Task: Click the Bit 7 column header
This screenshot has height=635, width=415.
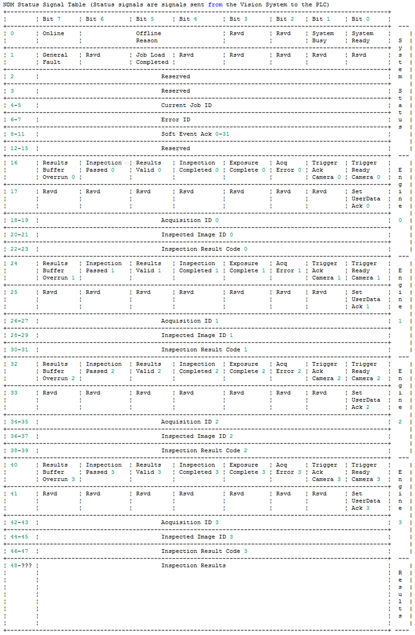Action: (x=51, y=19)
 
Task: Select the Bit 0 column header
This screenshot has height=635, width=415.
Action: (x=360, y=19)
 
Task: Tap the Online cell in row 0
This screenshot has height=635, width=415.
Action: (x=53, y=34)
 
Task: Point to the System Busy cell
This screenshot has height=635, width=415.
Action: (x=322, y=37)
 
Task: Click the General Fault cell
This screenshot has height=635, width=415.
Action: (x=55, y=58)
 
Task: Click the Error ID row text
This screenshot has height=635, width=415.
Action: (x=176, y=119)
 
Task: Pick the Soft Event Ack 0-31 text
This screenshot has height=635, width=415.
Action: (x=195, y=134)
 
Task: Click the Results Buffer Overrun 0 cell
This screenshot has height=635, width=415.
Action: (x=58, y=170)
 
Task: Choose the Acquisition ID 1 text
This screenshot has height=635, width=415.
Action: (x=190, y=321)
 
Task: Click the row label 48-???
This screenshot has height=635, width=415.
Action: (x=21, y=565)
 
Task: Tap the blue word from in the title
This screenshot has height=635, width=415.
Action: (x=215, y=4)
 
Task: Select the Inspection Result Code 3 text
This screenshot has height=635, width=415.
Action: (x=204, y=551)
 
